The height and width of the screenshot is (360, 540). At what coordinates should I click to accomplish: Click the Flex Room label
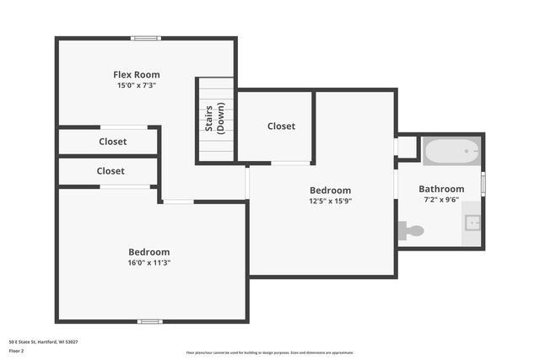137,74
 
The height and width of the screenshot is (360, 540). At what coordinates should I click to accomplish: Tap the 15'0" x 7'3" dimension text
137,85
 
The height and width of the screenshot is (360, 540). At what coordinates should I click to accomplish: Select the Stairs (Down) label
214,120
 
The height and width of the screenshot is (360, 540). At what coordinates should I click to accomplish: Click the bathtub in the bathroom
451,152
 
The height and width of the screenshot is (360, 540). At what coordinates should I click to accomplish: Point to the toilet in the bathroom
412,229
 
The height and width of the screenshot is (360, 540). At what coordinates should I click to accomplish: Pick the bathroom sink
472,223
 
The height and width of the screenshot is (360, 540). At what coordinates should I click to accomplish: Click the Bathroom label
441,189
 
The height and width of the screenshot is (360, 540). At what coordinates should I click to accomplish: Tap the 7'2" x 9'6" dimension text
441,201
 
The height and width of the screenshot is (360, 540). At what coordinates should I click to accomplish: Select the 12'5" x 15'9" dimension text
330,201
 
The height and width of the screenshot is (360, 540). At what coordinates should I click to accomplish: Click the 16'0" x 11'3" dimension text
149,262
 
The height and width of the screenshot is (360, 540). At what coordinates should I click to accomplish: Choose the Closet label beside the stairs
281,126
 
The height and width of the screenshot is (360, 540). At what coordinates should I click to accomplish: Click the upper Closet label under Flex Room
112,142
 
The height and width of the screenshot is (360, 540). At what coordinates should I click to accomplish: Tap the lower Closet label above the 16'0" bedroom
111,170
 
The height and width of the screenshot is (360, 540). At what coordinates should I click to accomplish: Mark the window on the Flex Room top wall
145,38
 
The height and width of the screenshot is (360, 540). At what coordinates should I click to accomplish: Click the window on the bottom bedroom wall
150,321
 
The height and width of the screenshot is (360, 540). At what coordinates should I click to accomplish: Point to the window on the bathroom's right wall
483,183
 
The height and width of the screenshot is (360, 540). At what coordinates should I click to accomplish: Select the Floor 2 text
17,350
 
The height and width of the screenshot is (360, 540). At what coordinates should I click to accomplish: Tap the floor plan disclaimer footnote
270,352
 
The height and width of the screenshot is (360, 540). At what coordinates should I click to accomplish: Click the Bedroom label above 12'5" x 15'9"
330,190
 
